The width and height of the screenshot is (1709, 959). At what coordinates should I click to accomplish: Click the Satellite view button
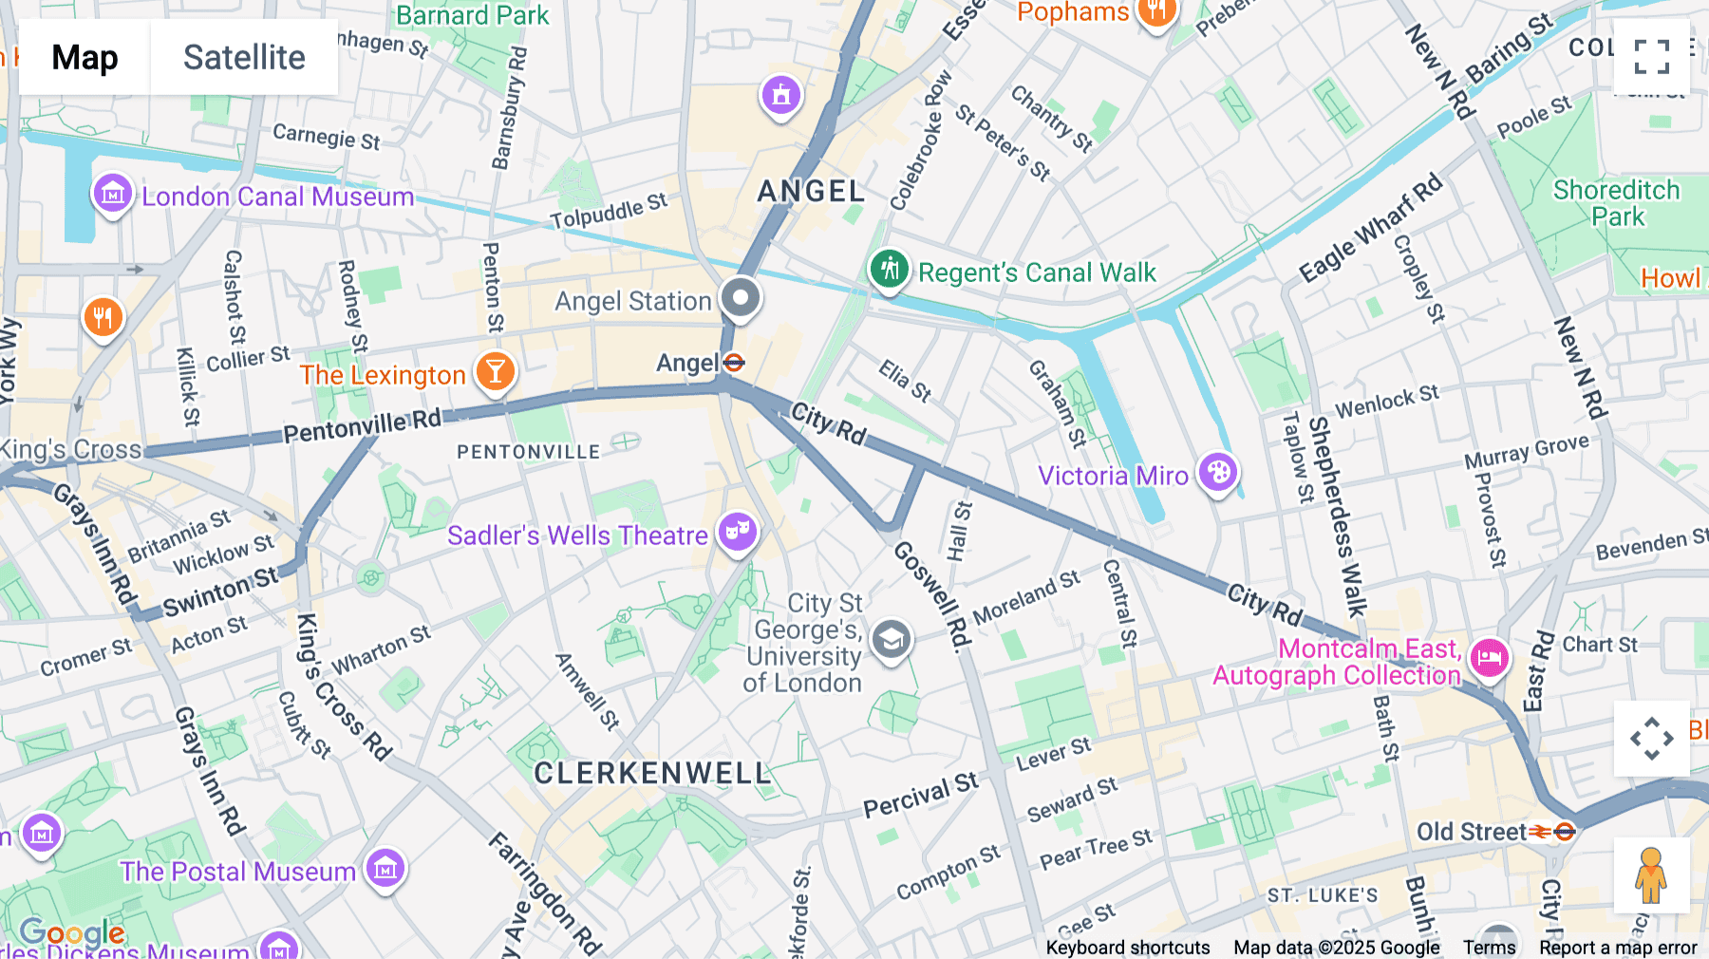(244, 57)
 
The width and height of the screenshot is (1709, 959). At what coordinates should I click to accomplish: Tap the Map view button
(85, 57)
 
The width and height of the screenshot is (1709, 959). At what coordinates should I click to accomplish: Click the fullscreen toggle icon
(1651, 57)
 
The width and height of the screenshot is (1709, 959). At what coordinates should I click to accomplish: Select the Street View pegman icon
(1651, 875)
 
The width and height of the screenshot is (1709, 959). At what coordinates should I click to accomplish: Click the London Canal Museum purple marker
(112, 195)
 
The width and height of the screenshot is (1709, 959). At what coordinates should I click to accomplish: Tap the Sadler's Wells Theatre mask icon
(738, 532)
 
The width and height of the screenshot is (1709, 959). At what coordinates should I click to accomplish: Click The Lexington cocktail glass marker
(495, 371)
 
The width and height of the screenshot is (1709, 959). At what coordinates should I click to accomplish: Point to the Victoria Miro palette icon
(1218, 472)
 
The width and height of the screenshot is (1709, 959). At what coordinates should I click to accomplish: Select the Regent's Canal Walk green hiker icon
(889, 270)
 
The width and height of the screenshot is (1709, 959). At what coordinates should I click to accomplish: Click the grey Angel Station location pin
(741, 298)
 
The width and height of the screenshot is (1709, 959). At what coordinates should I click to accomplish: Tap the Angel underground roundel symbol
(733, 363)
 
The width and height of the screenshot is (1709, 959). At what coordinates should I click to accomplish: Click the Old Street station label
(1472, 832)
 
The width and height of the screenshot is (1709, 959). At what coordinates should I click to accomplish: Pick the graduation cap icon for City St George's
(891, 641)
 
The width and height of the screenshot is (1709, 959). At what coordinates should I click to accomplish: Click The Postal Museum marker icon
(385, 868)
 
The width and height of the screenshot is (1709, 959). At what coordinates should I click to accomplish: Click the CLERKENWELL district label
(652, 773)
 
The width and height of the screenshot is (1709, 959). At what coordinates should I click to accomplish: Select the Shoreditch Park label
(1616, 203)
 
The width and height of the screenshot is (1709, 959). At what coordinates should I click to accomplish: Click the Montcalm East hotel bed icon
(1489, 657)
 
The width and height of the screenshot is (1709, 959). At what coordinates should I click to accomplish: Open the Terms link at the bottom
(1489, 947)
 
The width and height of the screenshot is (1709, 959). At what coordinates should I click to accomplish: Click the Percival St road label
(919, 796)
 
